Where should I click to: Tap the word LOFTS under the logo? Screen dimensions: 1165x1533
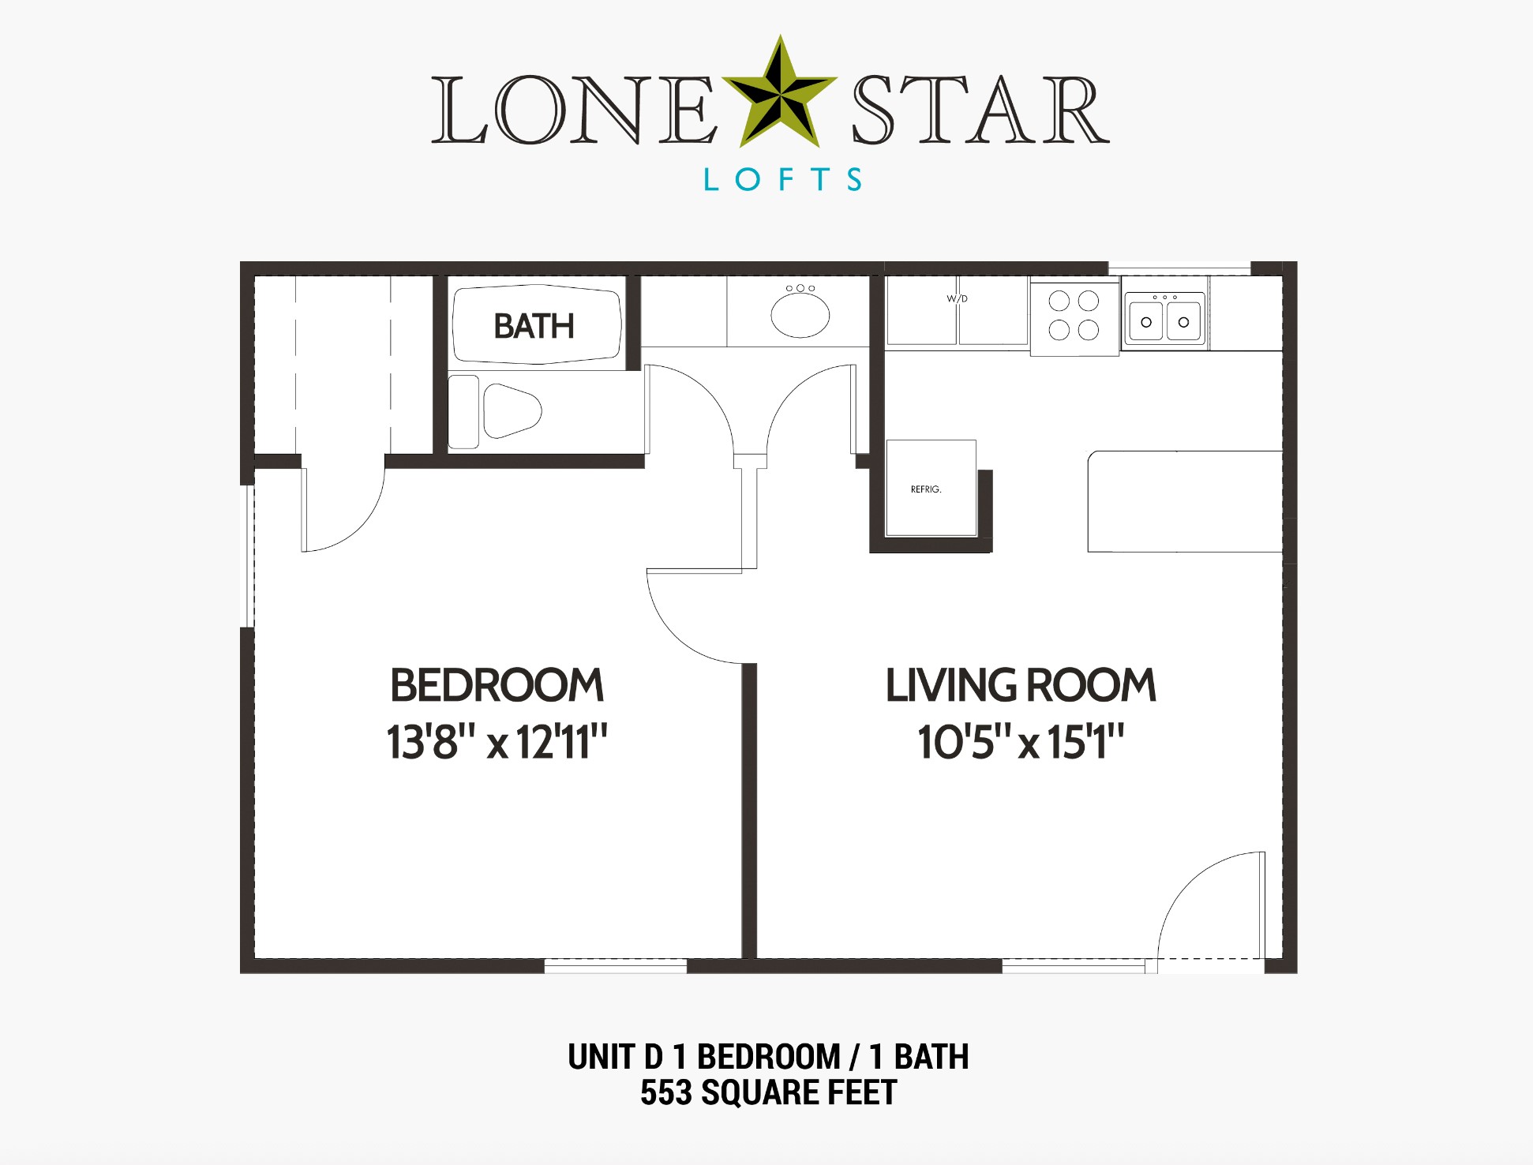pyautogui.click(x=782, y=180)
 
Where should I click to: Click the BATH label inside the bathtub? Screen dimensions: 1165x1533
pyautogui.click(x=534, y=326)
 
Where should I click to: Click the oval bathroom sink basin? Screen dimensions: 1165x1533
pyautogui.click(x=800, y=315)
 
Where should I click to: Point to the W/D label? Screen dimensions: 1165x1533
pyautogui.click(x=957, y=298)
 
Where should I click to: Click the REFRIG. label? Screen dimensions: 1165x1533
pyautogui.click(x=926, y=489)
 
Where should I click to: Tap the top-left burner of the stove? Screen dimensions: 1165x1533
pyautogui.click(x=1059, y=301)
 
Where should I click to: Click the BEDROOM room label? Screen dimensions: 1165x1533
pyautogui.click(x=497, y=685)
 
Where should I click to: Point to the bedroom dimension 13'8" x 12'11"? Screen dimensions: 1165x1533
pyautogui.click(x=497, y=742)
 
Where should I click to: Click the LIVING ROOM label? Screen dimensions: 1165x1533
pyautogui.click(x=1020, y=685)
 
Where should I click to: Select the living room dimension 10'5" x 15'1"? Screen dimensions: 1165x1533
pyautogui.click(x=1020, y=742)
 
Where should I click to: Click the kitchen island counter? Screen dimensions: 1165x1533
pyautogui.click(x=1184, y=501)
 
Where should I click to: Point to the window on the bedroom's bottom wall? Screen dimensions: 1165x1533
pyautogui.click(x=615, y=965)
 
